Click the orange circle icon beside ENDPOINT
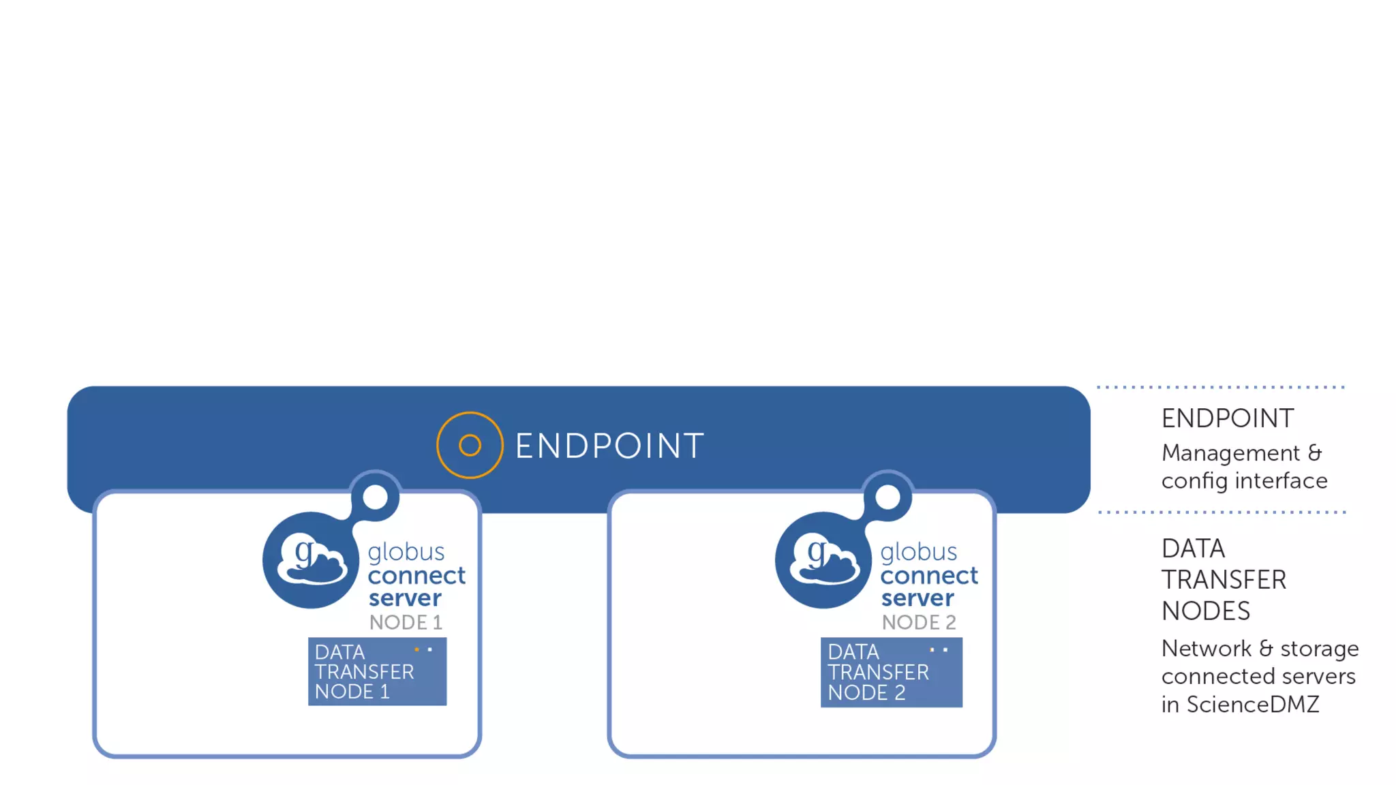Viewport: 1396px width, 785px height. tap(470, 445)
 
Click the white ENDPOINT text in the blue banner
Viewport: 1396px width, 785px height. tap(609, 446)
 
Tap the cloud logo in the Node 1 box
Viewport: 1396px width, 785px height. tap(311, 560)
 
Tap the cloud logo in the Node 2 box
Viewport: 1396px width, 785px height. tap(823, 560)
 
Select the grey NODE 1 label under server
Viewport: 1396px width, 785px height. tap(406, 622)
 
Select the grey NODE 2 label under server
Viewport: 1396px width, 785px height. tap(919, 622)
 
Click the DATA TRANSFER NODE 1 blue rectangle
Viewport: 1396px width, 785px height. tap(377, 672)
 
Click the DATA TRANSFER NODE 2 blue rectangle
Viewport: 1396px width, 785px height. tap(891, 673)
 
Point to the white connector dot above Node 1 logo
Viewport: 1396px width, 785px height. tap(375, 497)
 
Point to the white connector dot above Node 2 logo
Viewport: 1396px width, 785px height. tap(887, 497)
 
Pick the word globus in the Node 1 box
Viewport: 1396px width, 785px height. tap(406, 552)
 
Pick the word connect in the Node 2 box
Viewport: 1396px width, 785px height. tap(929, 576)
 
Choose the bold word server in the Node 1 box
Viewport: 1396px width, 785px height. tap(405, 598)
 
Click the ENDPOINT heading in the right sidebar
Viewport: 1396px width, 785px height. tap(1227, 418)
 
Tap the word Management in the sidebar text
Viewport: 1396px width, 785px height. tap(1230, 453)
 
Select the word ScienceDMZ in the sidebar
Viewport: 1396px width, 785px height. tap(1253, 705)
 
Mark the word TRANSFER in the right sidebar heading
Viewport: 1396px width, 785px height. tap(1224, 580)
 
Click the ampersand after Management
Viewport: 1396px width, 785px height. tap(1315, 453)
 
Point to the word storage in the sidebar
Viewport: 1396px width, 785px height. tap(1320, 649)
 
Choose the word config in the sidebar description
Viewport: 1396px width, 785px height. tap(1195, 481)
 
